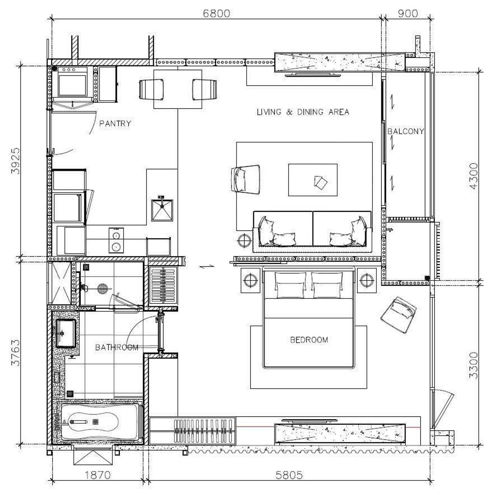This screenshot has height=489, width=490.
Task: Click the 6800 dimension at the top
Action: pos(216,13)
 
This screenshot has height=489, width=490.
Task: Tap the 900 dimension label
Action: pos(408,13)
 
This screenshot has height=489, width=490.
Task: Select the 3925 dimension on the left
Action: pos(16,161)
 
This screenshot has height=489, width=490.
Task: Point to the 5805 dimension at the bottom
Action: pos(289,475)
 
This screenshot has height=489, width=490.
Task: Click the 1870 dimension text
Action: pos(98,475)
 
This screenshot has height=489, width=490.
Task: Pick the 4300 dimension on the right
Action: pos(474,176)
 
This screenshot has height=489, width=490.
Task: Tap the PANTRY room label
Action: pos(115,123)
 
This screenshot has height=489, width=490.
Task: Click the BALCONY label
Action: pos(406,131)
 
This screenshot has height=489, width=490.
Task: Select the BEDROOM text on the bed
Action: pos(309,340)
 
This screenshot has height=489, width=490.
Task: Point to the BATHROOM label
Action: pos(117,347)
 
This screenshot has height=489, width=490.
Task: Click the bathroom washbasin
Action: pos(66,333)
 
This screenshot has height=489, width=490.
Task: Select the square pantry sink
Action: pos(162,210)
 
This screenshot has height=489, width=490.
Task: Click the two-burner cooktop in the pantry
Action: pos(116,240)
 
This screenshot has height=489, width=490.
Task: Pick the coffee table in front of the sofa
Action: pos(313,180)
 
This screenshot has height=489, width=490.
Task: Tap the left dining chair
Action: pos(151,89)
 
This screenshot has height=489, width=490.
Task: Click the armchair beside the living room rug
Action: pos(246,180)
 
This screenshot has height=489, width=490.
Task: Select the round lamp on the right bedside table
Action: pos(367,280)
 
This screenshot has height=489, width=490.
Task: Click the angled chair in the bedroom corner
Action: pos(399,315)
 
